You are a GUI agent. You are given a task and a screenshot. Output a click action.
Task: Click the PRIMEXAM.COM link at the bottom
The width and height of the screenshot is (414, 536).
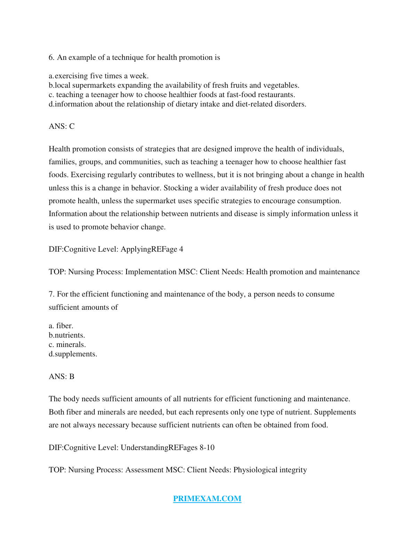(x=207, y=498)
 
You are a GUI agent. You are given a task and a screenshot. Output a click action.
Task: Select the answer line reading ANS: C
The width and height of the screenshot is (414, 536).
(x=62, y=126)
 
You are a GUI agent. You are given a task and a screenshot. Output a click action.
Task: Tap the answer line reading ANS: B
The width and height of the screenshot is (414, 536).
(x=62, y=377)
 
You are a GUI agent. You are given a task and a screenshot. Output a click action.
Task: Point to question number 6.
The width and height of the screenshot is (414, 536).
(x=51, y=57)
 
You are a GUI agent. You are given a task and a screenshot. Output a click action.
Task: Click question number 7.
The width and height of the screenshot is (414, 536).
(x=51, y=294)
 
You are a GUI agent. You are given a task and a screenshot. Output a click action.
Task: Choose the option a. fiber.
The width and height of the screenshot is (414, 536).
(x=61, y=326)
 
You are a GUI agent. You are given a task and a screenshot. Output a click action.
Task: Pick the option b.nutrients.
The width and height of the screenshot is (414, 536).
(x=67, y=335)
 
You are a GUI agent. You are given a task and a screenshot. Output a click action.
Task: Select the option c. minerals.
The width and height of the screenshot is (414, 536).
(x=67, y=345)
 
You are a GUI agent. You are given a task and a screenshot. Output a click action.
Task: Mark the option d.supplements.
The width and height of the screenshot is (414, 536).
(x=73, y=354)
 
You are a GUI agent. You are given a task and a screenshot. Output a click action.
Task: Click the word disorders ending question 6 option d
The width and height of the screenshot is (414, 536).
(x=290, y=104)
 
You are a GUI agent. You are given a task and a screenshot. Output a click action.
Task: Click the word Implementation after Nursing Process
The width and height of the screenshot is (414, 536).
(x=151, y=272)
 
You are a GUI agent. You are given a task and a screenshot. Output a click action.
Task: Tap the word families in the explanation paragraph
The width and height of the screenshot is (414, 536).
(x=62, y=162)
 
